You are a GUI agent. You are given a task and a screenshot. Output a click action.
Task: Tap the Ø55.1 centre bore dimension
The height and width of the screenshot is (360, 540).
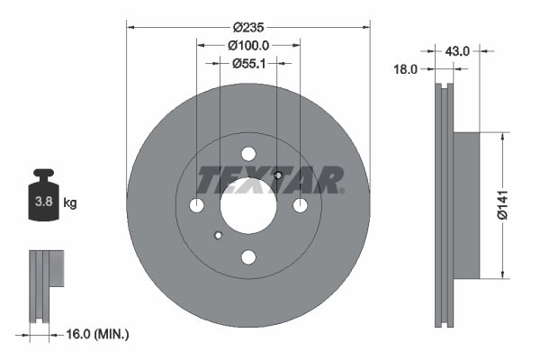click(247, 63)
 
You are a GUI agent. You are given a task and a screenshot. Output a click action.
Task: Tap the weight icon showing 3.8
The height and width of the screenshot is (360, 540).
click(44, 200)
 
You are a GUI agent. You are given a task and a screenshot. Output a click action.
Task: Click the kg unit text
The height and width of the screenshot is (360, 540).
click(70, 203)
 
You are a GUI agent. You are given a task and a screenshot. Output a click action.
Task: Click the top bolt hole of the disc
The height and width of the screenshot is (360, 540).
click(248, 154)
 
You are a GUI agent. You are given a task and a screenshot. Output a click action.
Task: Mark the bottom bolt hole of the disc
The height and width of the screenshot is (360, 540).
click(248, 258)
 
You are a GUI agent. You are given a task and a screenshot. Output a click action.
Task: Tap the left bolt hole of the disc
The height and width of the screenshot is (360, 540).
click(197, 206)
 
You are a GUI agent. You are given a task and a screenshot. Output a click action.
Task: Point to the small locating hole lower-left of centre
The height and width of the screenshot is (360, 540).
click(218, 237)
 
